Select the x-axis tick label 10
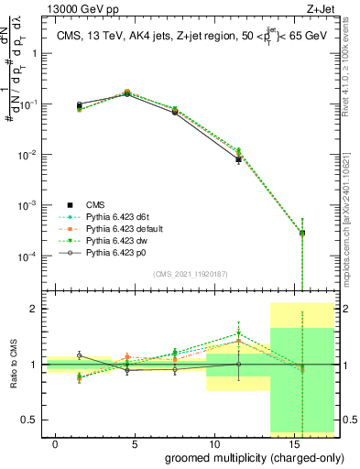tap(213, 443)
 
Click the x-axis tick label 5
tap(135, 443)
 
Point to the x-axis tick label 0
tap(56, 443)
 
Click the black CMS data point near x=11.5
tap(238, 159)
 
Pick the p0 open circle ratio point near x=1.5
tap(80, 354)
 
